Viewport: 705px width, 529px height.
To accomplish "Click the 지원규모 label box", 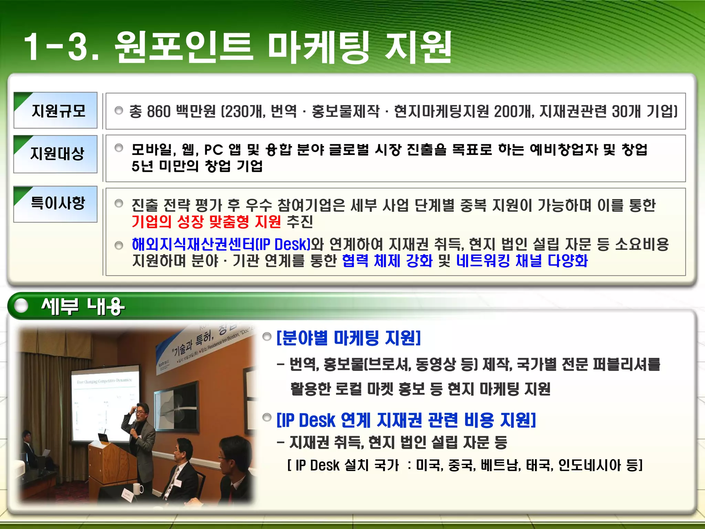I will tap(55, 111).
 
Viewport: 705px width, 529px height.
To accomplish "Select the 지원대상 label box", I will tap(55, 154).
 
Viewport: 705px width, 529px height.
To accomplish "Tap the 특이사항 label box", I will tap(55, 204).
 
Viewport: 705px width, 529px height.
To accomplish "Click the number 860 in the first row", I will tap(159, 112).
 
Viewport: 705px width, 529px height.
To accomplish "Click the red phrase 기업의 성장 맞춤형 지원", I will tap(206, 221).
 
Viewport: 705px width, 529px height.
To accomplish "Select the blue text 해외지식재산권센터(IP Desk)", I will tap(221, 244).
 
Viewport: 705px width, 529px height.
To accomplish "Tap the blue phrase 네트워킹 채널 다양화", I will tap(522, 261).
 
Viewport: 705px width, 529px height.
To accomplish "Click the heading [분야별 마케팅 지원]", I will tap(349, 338).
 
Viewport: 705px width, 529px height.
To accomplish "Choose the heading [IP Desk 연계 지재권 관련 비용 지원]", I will tap(406, 420).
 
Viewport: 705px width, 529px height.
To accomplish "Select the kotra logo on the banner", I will tap(163, 365).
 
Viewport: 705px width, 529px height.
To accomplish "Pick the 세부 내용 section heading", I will tap(83, 306).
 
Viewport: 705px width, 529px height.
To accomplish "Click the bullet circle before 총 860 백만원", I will tap(119, 111).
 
